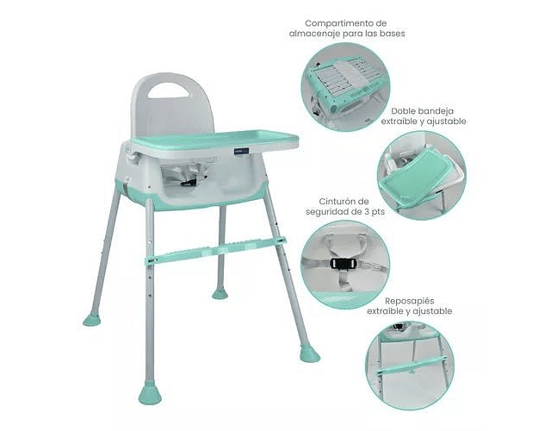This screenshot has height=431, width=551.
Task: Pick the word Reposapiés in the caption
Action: (x=410, y=301)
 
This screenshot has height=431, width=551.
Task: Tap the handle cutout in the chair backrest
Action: (x=169, y=90)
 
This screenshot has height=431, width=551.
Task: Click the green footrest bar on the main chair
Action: (x=216, y=250)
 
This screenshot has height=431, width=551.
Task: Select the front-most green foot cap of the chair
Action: (x=150, y=393)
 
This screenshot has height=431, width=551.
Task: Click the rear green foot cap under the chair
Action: (x=220, y=293)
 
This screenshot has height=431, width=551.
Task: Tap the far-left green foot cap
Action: (x=92, y=319)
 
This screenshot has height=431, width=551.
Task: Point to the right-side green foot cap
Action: (x=310, y=354)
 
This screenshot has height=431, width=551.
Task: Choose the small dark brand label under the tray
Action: (x=241, y=151)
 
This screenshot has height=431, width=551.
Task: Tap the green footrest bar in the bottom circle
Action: (x=412, y=365)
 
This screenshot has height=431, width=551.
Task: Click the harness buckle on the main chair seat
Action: (x=189, y=181)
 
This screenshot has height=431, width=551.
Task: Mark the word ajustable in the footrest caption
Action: (x=432, y=312)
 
